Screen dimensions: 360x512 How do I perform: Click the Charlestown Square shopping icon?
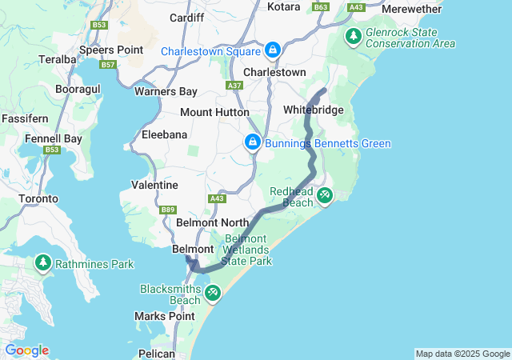coord(273,50)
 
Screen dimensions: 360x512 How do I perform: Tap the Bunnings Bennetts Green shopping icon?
coord(252,143)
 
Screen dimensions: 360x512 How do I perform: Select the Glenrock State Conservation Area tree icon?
coord(353,36)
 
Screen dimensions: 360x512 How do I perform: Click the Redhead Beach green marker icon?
coord(325,194)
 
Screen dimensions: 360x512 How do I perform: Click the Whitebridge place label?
coord(314,110)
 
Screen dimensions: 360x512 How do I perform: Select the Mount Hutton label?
coord(214,112)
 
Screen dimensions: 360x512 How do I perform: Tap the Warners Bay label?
coord(166,91)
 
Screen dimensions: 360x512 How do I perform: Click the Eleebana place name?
coord(164,135)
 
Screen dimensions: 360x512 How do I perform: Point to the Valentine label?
coord(154,185)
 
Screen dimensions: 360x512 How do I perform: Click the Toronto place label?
coord(38,198)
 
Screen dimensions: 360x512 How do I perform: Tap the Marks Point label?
coord(165,316)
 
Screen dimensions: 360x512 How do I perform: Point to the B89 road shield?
coord(168,210)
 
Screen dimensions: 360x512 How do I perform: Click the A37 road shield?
coord(234,86)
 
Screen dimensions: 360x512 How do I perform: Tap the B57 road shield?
coord(109,64)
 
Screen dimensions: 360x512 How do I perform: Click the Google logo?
coord(26,350)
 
